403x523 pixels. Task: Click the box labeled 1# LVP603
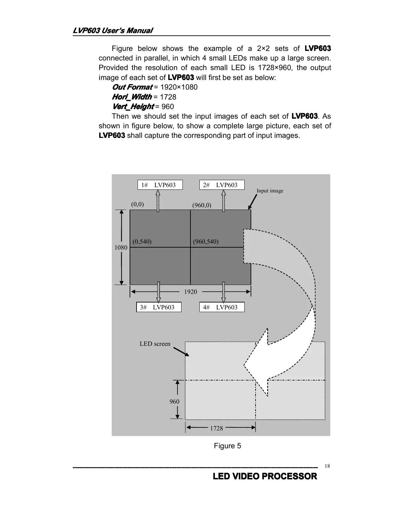point(160,185)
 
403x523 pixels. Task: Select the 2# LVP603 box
point(222,185)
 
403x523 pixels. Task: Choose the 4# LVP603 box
point(222,307)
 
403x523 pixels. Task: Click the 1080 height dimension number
point(121,247)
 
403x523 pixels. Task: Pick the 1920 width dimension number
point(190,292)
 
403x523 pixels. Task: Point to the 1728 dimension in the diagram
point(217,428)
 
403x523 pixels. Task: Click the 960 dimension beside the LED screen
point(174,401)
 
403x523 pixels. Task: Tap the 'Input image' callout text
point(270,191)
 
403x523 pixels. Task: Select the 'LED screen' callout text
point(155,344)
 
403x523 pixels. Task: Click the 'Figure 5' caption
point(227,446)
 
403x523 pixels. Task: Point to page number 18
point(327,466)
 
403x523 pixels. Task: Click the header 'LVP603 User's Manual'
point(113,31)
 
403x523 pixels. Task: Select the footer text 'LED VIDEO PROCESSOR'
point(265,476)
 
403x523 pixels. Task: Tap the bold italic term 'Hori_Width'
point(132,97)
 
